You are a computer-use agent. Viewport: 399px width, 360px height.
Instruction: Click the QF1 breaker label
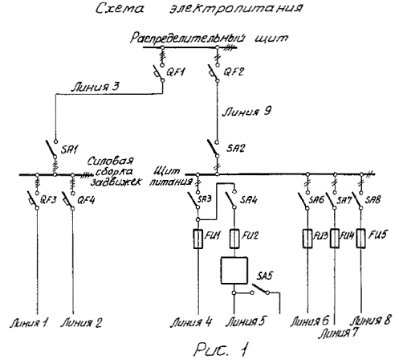[176, 72]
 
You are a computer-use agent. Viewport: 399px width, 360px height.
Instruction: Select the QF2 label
[234, 72]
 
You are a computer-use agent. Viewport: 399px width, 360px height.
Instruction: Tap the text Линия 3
[96, 87]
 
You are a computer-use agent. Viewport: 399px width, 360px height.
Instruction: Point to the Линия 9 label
[246, 112]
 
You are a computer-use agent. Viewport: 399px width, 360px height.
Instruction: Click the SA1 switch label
[69, 149]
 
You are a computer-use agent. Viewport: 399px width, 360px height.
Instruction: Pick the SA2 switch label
[235, 148]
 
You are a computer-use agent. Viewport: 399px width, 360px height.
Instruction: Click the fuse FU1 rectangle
[198, 239]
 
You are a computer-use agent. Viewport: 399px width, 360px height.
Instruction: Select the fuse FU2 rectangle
[234, 239]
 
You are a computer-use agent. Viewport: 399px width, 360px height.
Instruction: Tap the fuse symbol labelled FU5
[361, 238]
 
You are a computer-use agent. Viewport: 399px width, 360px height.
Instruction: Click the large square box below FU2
[234, 271]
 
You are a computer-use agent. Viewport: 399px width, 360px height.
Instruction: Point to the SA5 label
[265, 276]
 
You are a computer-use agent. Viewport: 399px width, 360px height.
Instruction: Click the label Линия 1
[29, 323]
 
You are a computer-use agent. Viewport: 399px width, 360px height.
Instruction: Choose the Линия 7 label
[338, 333]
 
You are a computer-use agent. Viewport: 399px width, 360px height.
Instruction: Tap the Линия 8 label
[371, 321]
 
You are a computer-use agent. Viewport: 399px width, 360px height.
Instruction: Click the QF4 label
[86, 200]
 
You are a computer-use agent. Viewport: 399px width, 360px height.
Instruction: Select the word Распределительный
[188, 38]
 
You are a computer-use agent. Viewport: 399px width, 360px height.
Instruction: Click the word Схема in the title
[120, 8]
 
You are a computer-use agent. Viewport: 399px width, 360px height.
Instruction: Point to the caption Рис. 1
[222, 350]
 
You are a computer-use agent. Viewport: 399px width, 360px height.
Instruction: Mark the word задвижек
[116, 182]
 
